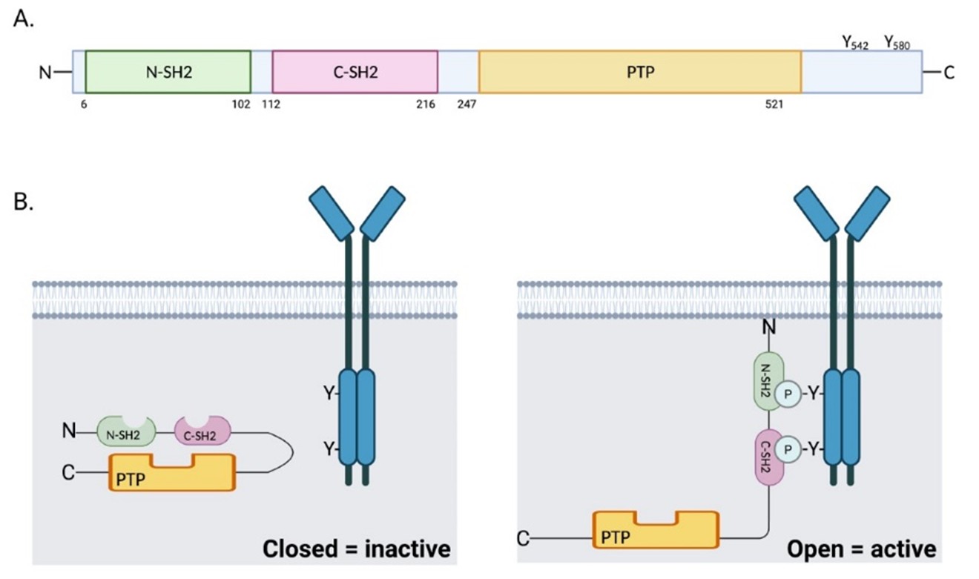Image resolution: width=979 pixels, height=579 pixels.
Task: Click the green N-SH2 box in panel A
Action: [168, 72]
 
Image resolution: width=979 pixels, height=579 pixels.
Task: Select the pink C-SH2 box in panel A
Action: [355, 72]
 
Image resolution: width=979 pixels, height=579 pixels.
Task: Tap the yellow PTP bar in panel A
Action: [639, 72]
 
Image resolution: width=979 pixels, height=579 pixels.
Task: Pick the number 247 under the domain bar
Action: [467, 105]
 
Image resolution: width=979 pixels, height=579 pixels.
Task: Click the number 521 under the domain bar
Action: [772, 105]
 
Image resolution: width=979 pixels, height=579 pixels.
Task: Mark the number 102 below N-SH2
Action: [241, 105]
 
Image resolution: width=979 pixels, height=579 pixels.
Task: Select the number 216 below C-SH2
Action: [426, 105]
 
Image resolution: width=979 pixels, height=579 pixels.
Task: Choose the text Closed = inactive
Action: [356, 549]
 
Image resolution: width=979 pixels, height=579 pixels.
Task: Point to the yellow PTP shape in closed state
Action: [172, 474]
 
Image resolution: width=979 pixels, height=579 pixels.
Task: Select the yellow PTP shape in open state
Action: [656, 530]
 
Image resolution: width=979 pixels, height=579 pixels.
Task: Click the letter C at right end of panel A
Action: [949, 72]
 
